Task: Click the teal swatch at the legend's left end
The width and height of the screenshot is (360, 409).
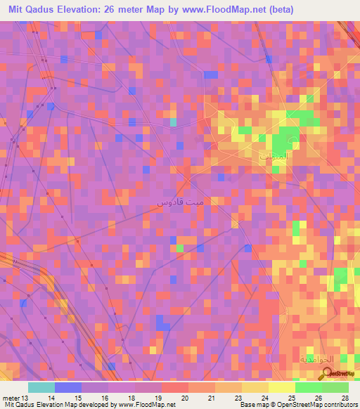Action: click(x=41, y=387)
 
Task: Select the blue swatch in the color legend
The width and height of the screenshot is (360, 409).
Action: click(x=68, y=387)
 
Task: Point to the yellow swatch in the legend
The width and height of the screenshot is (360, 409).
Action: click(x=281, y=387)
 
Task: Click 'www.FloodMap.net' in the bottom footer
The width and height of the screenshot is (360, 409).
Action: click(x=147, y=404)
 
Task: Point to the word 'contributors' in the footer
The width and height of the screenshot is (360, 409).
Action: click(x=340, y=404)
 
